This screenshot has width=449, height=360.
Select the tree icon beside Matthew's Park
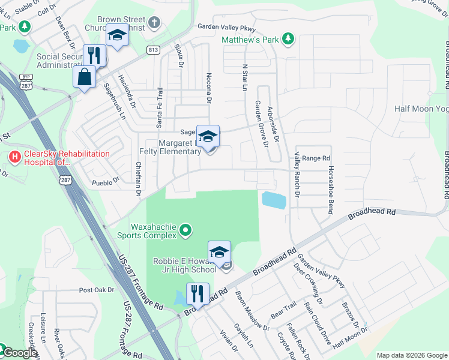coord(289,40)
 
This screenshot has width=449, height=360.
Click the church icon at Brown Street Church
coord(154,24)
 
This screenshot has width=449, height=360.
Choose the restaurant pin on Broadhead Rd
coord(197,294)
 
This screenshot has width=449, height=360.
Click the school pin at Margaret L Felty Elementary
coord(208,137)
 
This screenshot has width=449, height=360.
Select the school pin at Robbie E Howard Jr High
coord(219,253)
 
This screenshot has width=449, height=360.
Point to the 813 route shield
coord(153,50)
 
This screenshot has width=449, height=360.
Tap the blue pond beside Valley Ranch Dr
coord(274,200)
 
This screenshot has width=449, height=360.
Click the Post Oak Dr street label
coord(96,290)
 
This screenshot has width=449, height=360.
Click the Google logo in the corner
coord(19,353)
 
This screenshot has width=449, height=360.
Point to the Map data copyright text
coord(412,355)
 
